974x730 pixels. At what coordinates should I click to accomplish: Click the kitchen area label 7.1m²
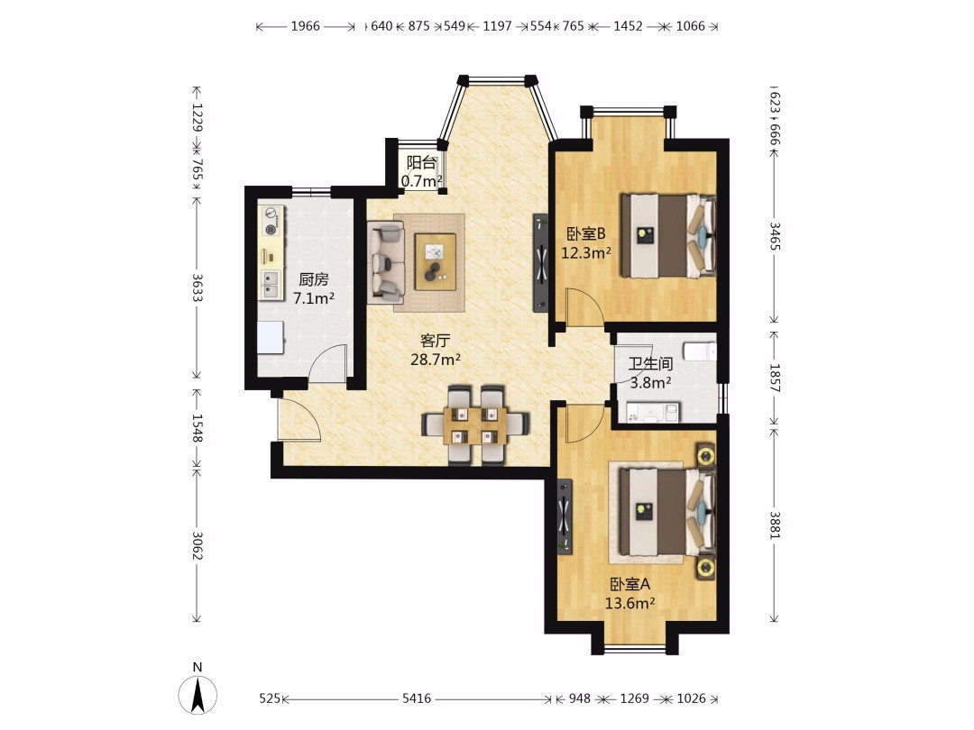click(314, 298)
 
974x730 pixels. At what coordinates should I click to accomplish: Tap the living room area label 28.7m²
click(436, 360)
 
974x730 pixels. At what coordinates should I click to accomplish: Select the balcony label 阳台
click(421, 162)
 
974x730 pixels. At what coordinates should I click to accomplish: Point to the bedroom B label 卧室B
click(586, 234)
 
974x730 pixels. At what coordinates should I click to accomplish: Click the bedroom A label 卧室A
click(629, 584)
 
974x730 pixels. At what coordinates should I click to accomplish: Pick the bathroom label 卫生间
click(650, 364)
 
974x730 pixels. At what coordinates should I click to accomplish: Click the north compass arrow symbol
click(198, 695)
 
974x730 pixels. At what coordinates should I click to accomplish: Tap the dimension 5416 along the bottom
click(416, 698)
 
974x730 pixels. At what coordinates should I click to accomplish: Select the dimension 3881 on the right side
click(775, 525)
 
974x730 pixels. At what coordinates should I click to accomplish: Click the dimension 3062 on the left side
click(197, 545)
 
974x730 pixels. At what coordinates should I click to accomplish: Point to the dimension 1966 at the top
click(305, 26)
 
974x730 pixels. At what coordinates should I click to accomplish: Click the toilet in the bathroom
click(700, 351)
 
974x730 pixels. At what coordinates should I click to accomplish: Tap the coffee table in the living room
click(436, 261)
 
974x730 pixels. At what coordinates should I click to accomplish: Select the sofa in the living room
click(385, 262)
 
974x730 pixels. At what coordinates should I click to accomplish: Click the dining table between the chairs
click(476, 425)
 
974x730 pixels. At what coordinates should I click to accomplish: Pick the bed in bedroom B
click(667, 236)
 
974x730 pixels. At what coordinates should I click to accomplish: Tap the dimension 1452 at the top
click(628, 26)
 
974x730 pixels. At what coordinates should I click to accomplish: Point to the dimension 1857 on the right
click(775, 377)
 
